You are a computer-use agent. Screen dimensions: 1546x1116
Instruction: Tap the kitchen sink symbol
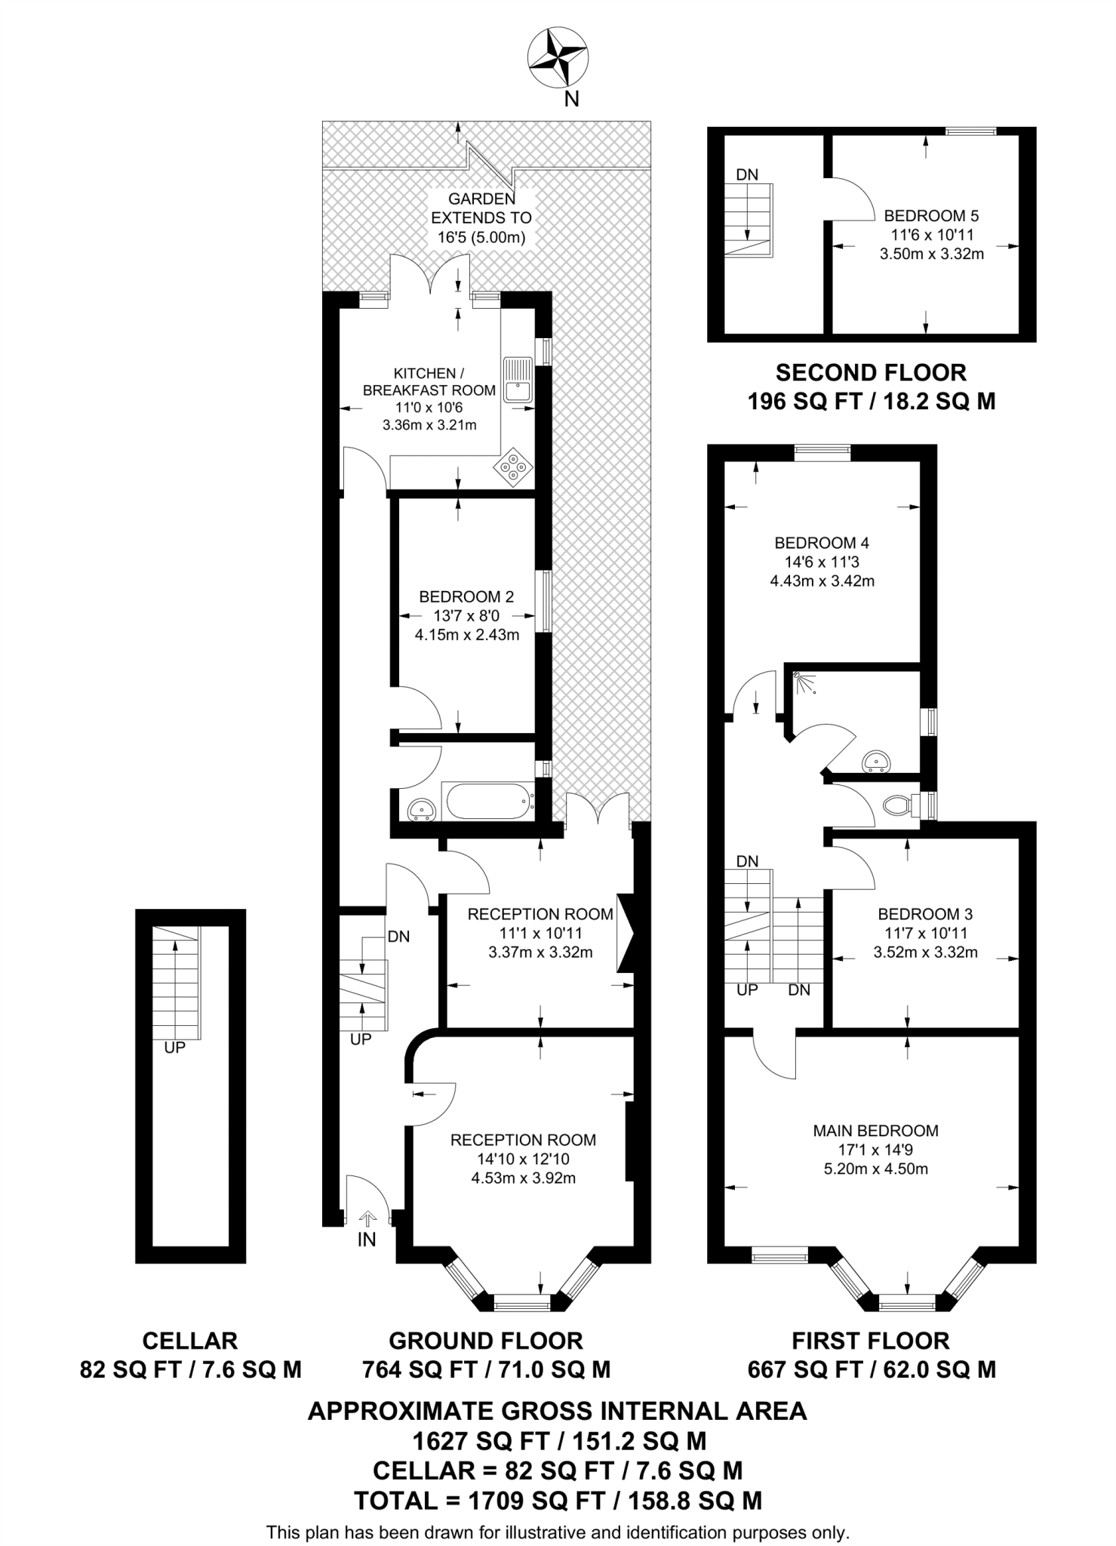coord(518,379)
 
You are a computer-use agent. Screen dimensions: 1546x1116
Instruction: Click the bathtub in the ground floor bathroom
coord(488,801)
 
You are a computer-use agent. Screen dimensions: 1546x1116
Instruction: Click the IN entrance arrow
coord(367,1218)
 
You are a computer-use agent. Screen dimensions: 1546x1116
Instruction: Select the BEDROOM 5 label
coord(931,216)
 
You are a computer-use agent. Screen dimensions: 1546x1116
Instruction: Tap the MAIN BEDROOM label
coord(875,1131)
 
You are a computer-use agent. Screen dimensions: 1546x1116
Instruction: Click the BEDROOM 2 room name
coord(466,597)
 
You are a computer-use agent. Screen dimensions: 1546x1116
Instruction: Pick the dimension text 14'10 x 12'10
coord(523,1159)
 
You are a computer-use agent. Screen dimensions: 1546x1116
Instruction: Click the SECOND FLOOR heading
coord(871,373)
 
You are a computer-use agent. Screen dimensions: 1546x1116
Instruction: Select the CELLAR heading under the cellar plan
coord(190,1341)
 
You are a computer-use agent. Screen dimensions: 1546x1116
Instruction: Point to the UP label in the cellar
coord(174,1048)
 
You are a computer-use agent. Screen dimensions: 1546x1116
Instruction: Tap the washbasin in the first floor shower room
coord(875,761)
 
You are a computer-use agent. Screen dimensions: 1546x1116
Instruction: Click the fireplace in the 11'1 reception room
coord(626,933)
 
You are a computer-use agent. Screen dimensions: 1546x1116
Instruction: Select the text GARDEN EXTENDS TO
coord(481,208)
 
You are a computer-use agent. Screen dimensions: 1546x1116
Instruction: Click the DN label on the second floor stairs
coord(747,175)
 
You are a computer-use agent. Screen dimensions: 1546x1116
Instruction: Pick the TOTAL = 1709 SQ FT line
coord(558,1501)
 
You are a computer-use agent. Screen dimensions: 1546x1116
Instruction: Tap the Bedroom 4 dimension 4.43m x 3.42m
coord(822,581)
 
